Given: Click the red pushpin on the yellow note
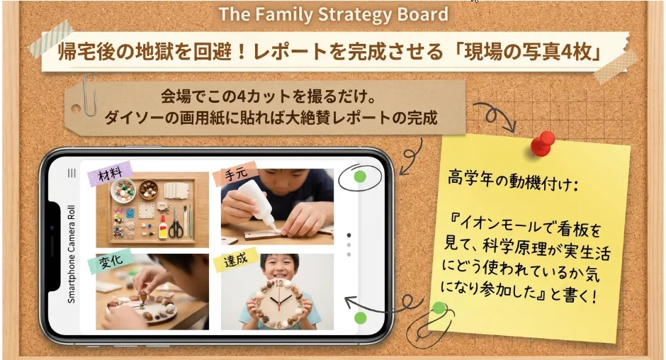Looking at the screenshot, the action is [x=542, y=144].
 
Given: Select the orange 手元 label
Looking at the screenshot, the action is [x=236, y=173].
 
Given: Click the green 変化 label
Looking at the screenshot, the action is [x=111, y=261].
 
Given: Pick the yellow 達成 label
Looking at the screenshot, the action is [x=235, y=259].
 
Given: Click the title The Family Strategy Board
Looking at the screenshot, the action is [x=334, y=14].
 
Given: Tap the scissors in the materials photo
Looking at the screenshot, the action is [x=175, y=225].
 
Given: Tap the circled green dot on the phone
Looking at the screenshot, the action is [x=360, y=177].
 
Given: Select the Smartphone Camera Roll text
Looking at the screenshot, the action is [x=72, y=254].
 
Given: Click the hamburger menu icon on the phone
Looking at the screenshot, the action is [x=72, y=173].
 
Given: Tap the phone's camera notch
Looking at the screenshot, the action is [x=52, y=246].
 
